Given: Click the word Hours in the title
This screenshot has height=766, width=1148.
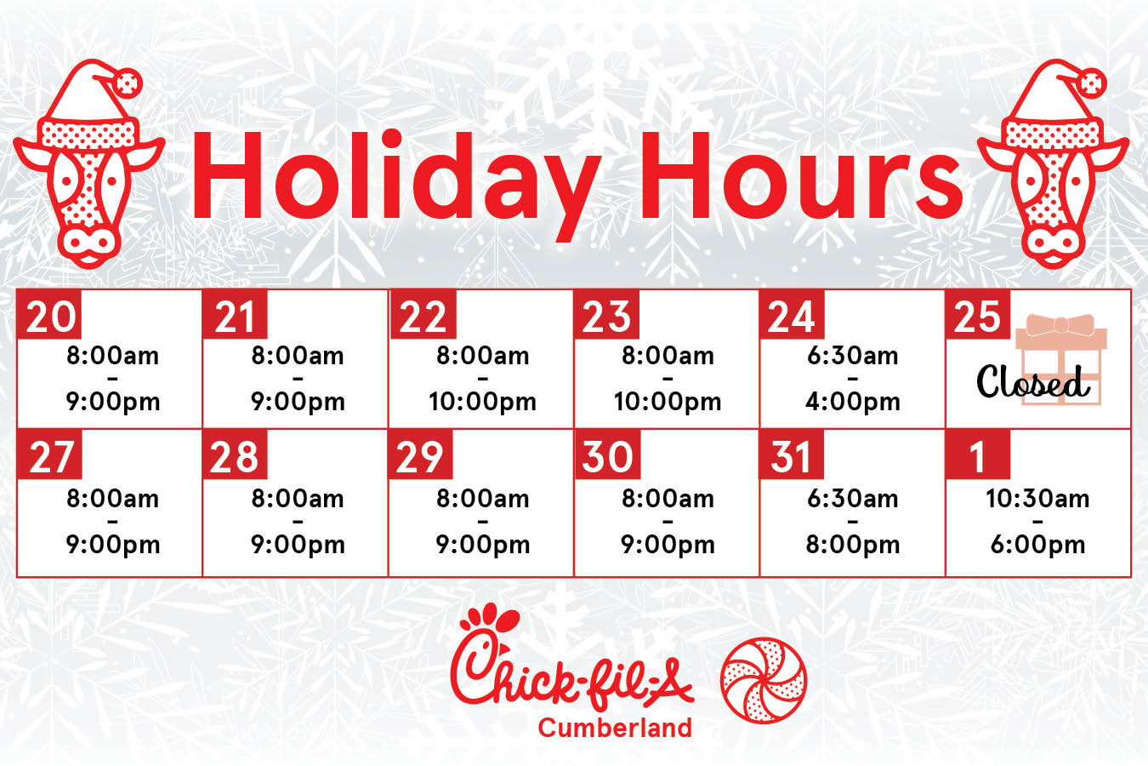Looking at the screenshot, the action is [802, 176].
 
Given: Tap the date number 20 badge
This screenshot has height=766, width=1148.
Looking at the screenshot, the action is [49, 314].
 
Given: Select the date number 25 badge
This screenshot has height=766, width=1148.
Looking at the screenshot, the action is [978, 314].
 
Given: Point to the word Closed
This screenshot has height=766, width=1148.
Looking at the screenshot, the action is [1032, 381].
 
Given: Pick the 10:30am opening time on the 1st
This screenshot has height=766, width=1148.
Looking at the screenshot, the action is [1037, 498].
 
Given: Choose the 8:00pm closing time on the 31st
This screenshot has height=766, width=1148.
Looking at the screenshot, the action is [852, 545].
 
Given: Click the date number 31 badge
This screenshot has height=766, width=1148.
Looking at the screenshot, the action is [792, 455].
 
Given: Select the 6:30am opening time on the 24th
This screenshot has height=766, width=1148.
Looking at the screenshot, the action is [852, 356].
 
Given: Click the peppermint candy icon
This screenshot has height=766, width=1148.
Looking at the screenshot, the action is [764, 680].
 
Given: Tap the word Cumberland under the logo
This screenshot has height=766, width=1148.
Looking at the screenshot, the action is [615, 728].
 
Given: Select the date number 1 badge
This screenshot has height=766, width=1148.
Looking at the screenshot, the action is [978, 455].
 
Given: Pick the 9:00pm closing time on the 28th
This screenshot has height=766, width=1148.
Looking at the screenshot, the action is [298, 545].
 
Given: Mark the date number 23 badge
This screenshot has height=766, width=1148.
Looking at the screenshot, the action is [606, 314].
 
